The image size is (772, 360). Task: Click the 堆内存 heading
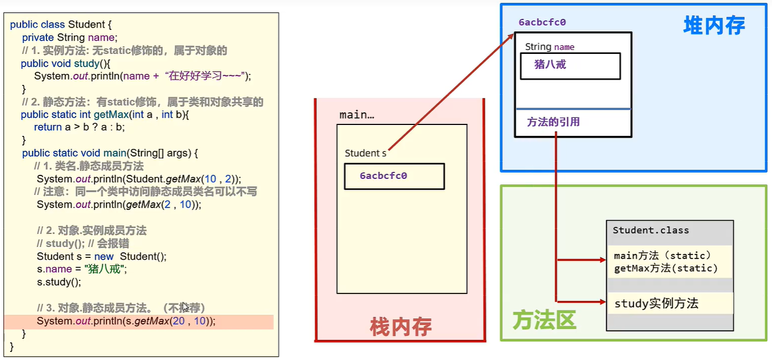point(714,25)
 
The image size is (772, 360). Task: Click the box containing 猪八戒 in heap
point(570,66)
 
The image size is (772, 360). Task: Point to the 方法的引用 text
point(553,122)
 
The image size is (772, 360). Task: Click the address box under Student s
point(394,176)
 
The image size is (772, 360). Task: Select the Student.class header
point(651,230)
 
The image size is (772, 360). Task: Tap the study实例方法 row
point(657,303)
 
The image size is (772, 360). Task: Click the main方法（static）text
point(663,256)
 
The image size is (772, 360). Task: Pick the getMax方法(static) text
point(665,268)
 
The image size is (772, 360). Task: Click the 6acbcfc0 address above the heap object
point(542,22)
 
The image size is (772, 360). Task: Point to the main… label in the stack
point(356,115)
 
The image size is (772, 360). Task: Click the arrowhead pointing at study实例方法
point(602,301)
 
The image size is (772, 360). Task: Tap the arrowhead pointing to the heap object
point(511,37)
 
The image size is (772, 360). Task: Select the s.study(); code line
point(59,282)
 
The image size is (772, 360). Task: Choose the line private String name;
point(69,37)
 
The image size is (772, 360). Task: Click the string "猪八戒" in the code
point(105,269)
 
